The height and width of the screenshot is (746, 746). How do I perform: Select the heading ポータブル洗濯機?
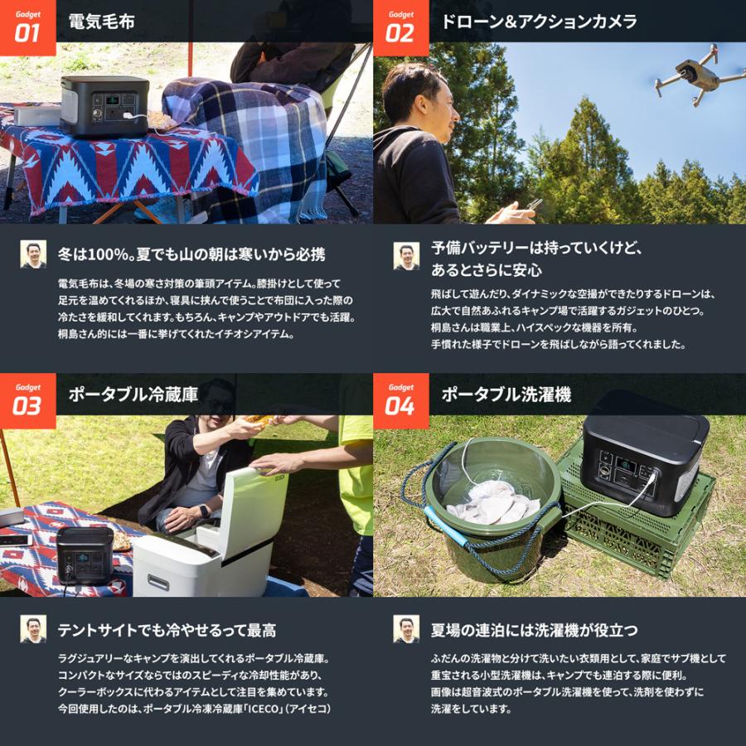click(506, 395)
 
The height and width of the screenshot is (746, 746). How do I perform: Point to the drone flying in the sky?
click(695, 75)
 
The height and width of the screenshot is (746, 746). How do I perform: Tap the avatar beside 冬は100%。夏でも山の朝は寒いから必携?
click(33, 254)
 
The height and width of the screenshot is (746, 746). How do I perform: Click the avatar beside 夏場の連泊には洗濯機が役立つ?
click(406, 628)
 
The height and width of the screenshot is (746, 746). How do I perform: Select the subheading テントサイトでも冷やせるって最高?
click(167, 630)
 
